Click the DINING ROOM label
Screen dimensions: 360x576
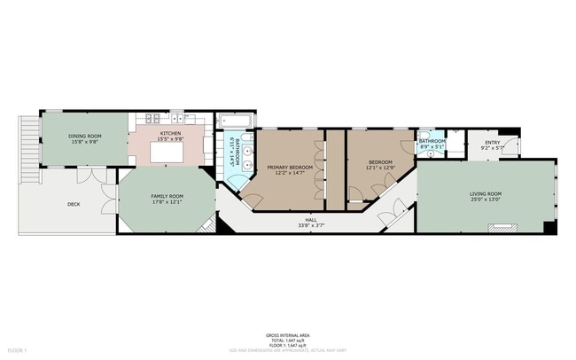pos(85,136)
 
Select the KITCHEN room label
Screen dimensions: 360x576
pos(171,133)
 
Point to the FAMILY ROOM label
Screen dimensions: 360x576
pos(167,195)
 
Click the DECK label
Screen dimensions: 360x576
pos(74,203)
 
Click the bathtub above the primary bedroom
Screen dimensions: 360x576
pos(236,121)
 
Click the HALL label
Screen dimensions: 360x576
pos(311,219)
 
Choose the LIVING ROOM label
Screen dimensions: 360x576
pos(485,193)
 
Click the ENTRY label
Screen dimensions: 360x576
pos(491,142)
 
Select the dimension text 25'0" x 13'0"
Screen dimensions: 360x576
pos(485,200)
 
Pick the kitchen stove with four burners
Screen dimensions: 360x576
pos(151,118)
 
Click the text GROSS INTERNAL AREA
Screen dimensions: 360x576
pos(287,335)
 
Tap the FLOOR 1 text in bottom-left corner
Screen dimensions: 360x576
pos(17,338)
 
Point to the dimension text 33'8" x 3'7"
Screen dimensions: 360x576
pos(311,225)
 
